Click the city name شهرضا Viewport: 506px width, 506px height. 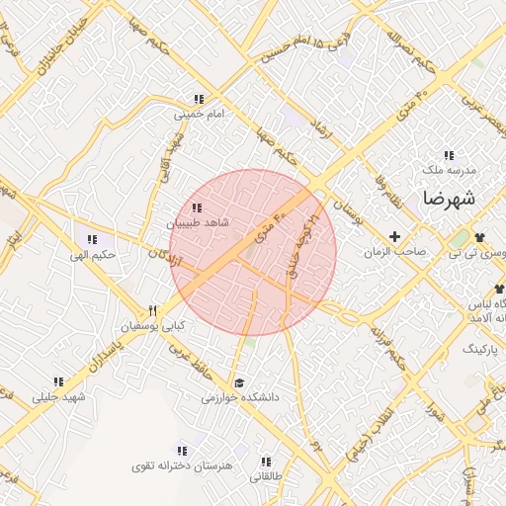[x=450, y=198]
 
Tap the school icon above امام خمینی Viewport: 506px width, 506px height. [x=199, y=99]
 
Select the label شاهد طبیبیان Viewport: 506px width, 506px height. [x=202, y=223]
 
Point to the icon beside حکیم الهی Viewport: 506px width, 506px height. [x=93, y=239]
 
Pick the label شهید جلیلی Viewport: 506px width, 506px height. [x=59, y=397]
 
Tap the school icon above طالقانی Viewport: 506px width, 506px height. [x=266, y=461]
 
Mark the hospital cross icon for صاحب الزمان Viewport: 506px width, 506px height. [x=395, y=236]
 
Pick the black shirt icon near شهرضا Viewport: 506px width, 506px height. [x=481, y=237]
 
